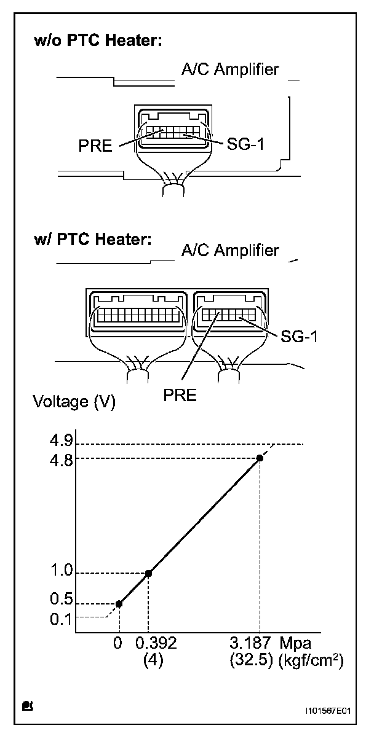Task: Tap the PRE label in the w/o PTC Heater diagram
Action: [95, 146]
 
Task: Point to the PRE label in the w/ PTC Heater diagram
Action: [180, 394]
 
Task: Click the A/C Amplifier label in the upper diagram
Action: [230, 69]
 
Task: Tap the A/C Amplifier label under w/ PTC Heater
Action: [230, 251]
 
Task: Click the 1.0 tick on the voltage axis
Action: [61, 573]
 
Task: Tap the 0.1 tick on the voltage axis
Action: [61, 618]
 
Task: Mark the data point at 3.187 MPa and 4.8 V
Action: [260, 458]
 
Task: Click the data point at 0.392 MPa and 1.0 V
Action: [148, 573]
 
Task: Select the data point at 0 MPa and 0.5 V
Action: [119, 604]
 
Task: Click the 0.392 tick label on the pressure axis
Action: [156, 644]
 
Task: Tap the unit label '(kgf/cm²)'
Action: [310, 661]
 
